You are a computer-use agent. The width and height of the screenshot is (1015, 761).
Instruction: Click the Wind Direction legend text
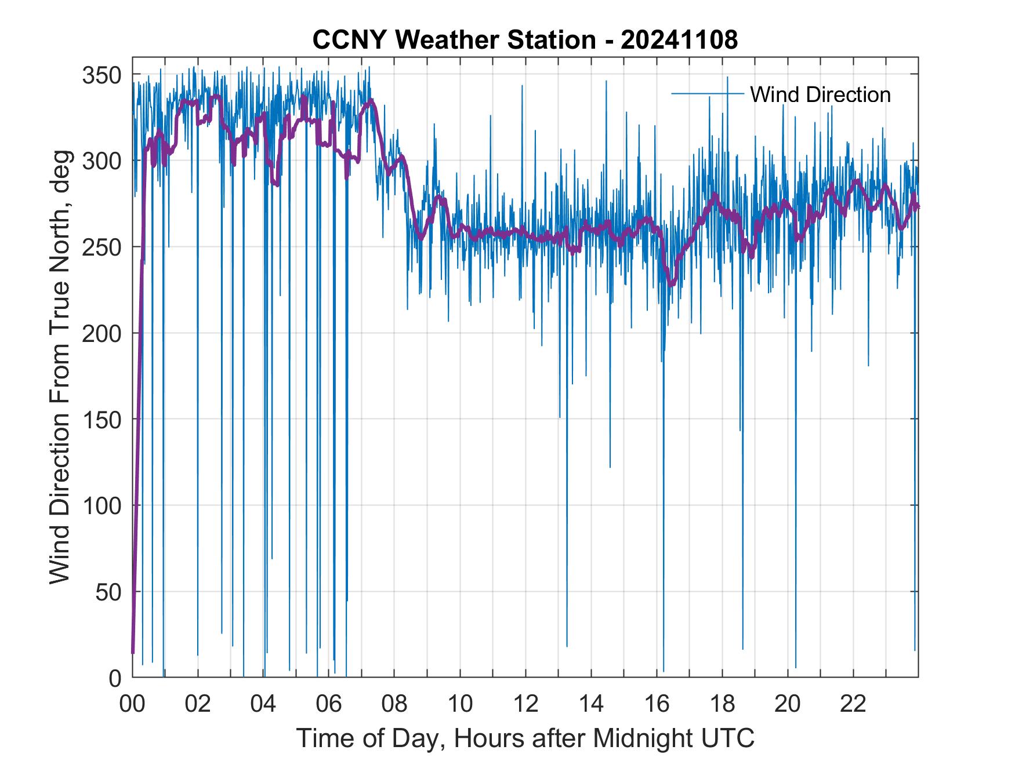click(820, 94)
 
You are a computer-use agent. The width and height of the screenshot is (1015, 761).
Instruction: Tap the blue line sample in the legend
click(707, 93)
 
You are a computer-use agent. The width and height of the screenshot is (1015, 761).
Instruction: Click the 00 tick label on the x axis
click(132, 704)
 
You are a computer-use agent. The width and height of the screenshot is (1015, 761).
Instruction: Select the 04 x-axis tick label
click(263, 704)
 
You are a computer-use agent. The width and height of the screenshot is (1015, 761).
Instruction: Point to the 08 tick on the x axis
click(394, 704)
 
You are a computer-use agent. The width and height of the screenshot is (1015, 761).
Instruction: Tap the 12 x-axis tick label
click(525, 704)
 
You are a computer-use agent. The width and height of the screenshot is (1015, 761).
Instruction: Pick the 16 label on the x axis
click(657, 704)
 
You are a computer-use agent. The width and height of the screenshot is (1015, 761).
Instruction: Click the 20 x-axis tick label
click(788, 704)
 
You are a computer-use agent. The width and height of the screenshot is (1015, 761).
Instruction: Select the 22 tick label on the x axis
click(853, 704)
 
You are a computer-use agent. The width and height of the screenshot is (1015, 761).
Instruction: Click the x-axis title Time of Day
click(525, 739)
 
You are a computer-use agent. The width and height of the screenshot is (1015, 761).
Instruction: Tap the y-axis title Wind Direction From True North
click(60, 367)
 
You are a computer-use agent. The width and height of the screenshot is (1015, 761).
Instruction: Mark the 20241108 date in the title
click(679, 40)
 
